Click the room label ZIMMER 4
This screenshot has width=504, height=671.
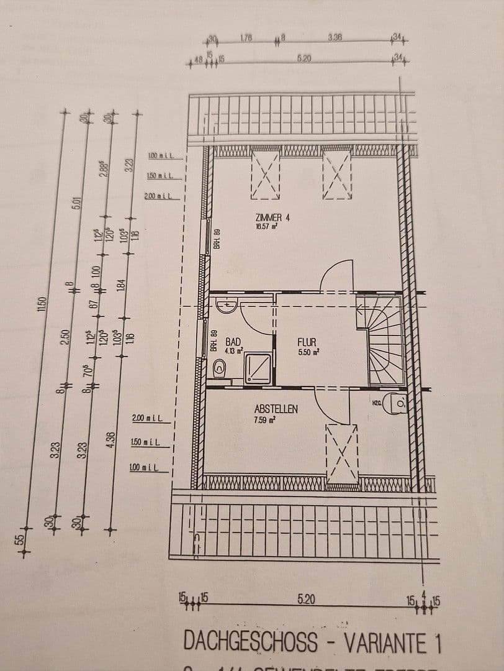click(x=272, y=217)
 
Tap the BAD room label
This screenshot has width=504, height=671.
click(x=233, y=342)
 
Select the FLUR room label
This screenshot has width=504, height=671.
click(x=307, y=342)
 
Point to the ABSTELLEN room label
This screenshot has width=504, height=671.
click(x=276, y=409)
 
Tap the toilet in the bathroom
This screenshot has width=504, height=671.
click(x=220, y=368)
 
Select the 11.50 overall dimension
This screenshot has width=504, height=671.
click(x=43, y=304)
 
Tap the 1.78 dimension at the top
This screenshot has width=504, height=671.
click(x=246, y=39)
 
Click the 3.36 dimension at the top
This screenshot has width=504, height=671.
click(x=335, y=38)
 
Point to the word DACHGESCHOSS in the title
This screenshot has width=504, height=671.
click(x=250, y=642)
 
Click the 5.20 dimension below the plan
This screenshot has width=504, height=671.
click(x=306, y=600)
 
